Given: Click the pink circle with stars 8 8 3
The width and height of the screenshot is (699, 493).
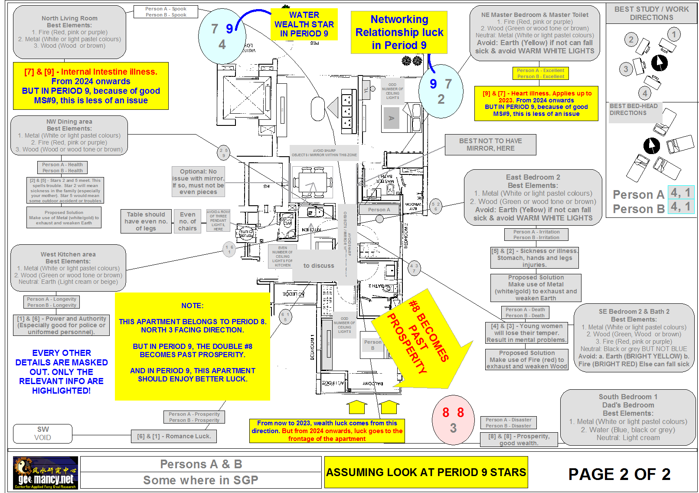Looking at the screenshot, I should click(453, 420).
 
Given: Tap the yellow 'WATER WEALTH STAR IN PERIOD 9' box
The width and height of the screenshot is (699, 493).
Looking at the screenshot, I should click(304, 24).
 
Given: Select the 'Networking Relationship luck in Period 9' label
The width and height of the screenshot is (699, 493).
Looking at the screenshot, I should click(399, 33).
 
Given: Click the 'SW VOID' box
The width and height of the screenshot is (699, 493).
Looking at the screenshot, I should click(42, 433).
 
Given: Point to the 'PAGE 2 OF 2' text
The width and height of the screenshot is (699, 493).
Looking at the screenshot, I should click(619, 474).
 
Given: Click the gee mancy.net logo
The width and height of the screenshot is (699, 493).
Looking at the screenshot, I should click(46, 473).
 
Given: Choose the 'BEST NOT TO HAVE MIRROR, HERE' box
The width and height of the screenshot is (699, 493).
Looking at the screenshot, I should click(490, 145).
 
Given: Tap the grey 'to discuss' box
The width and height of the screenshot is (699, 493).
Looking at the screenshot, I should click(319, 266).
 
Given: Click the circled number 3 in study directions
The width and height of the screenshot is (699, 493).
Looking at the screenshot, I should click(626, 69).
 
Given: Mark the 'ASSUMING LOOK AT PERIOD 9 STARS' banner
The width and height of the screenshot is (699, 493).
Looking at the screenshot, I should click(426, 472).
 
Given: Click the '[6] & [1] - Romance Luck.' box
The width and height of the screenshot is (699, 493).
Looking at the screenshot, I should click(174, 436).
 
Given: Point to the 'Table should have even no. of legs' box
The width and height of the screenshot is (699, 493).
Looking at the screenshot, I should click(146, 221).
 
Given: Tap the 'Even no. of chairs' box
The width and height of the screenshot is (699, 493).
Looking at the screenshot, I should click(187, 221).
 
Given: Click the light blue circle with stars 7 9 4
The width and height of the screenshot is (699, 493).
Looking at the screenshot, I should click(222, 36).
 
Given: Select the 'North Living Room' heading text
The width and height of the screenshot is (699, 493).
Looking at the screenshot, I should click(69, 18).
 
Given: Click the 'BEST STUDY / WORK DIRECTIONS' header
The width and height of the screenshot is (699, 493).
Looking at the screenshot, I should click(651, 13).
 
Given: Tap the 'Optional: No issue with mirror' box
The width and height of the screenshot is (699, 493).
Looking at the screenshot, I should click(198, 181).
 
